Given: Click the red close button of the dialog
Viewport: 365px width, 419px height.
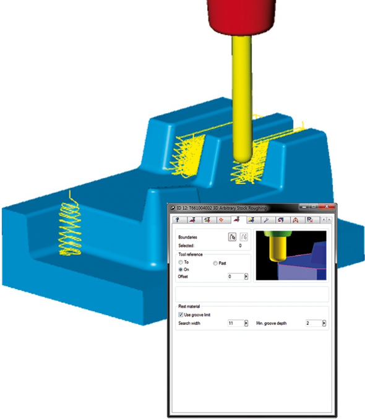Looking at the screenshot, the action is pyautogui.click(x=327, y=207).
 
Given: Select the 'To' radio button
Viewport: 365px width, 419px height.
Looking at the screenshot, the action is pyautogui.click(x=181, y=262).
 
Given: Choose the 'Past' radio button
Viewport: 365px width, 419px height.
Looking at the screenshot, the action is pyautogui.click(x=215, y=263).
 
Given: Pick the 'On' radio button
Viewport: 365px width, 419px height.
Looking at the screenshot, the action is pyautogui.click(x=181, y=269).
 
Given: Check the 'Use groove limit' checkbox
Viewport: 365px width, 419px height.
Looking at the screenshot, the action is pyautogui.click(x=181, y=314).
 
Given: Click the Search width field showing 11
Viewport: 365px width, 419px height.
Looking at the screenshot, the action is pyautogui.click(x=236, y=323).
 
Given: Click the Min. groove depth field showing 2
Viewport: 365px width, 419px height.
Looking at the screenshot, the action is pyautogui.click(x=314, y=323).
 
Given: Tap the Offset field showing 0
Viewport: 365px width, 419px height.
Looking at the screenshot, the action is pyautogui.click(x=236, y=277).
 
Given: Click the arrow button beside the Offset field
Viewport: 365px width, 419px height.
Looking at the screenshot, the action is pyautogui.click(x=246, y=277).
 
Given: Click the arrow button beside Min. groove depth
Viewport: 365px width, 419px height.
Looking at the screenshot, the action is pyautogui.click(x=324, y=323).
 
